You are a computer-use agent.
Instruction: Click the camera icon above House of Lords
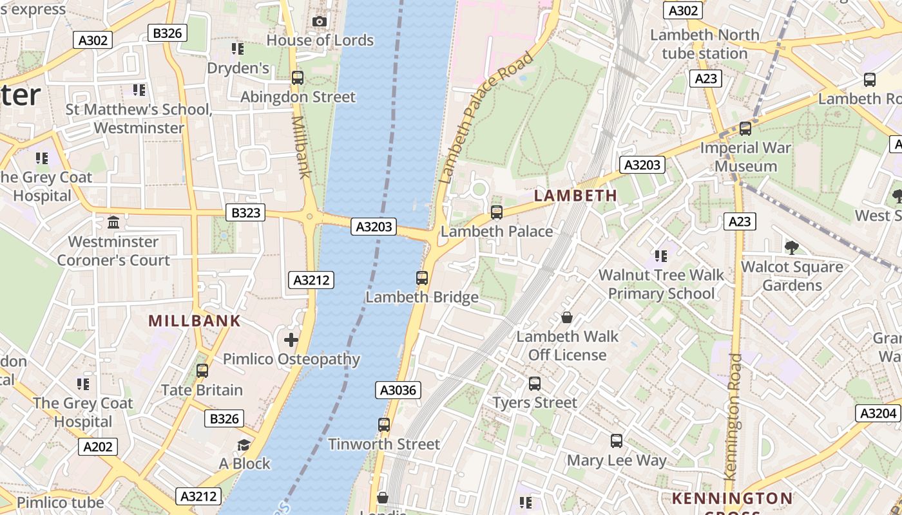319,22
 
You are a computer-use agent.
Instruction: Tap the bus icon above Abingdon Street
297,78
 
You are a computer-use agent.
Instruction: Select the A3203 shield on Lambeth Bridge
374,227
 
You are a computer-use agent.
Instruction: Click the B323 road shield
245,212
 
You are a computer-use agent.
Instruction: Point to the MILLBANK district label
195,321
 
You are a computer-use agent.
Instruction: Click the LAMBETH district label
576,195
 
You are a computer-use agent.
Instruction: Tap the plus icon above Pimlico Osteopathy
291,339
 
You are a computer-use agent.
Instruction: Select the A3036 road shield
399,390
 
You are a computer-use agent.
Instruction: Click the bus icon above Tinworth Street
384,425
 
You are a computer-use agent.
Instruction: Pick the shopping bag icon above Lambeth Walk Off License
567,317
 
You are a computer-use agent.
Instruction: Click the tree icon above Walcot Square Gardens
792,248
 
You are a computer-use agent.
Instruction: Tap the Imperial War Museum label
747,157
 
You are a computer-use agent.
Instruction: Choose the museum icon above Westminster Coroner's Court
114,223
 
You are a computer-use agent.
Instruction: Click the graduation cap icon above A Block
244,445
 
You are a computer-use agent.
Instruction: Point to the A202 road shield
98,447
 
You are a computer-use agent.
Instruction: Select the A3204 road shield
878,413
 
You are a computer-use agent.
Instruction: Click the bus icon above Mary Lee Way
617,441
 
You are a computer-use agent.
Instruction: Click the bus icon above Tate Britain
202,371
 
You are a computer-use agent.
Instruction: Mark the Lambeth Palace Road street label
486,117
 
